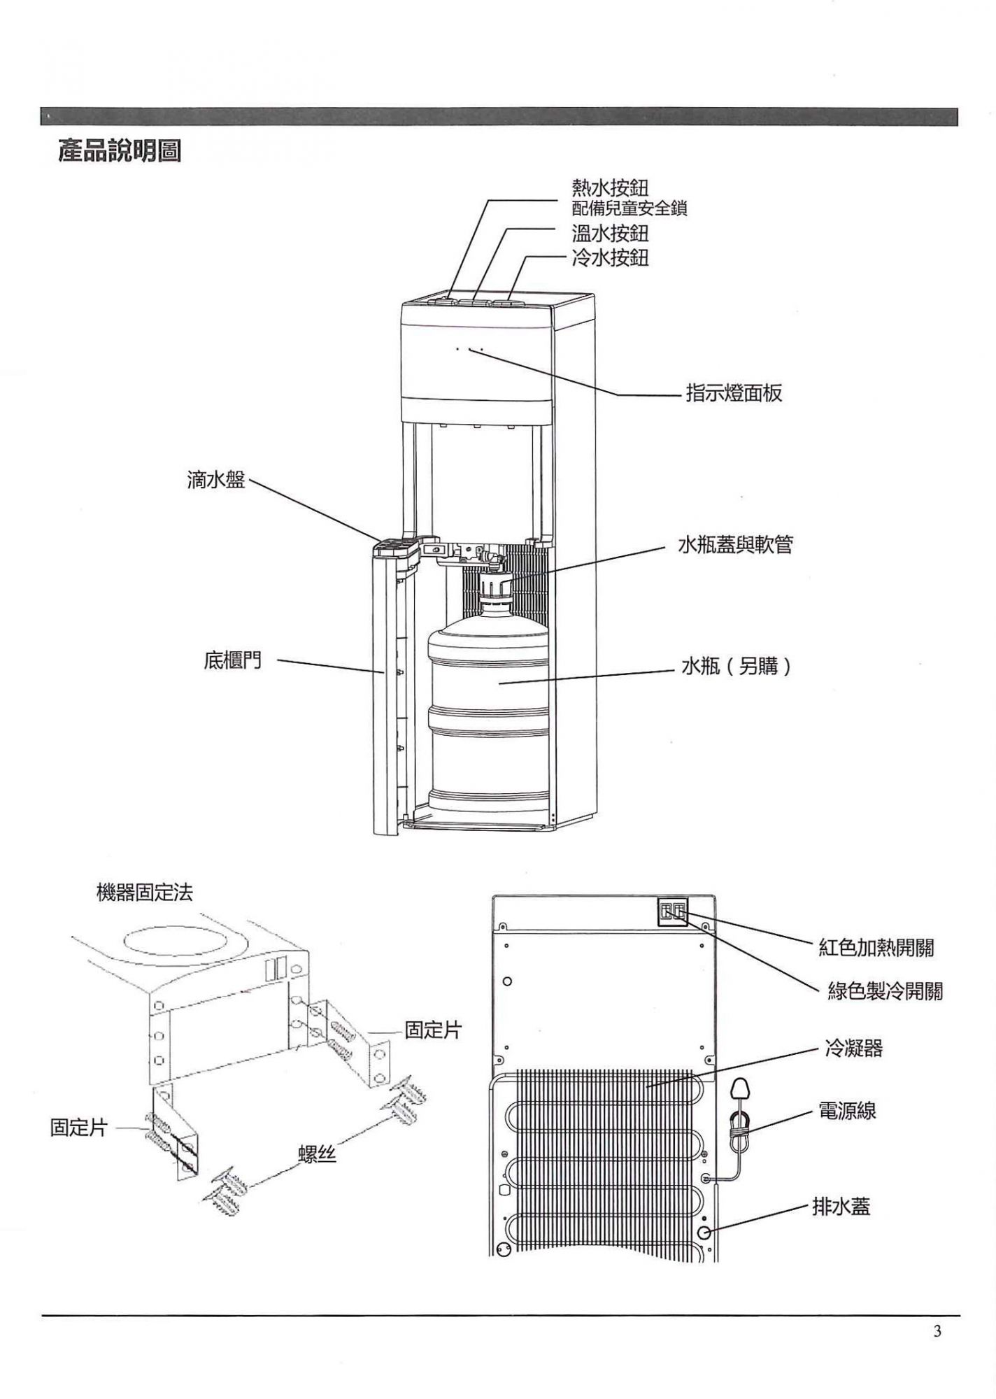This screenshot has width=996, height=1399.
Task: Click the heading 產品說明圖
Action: point(120,152)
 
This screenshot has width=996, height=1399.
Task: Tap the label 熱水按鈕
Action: point(610,187)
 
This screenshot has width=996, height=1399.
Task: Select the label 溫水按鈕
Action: point(610,233)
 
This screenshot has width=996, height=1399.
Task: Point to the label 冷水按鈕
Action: point(610,258)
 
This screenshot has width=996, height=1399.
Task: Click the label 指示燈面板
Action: point(734,394)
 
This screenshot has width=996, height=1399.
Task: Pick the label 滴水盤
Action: point(216,480)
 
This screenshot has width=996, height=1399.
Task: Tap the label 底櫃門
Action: point(233,661)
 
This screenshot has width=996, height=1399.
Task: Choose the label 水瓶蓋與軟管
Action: point(735,545)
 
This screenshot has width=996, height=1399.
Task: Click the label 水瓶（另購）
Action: point(737,667)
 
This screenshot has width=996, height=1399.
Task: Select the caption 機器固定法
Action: point(144,893)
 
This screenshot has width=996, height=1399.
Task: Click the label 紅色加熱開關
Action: point(876,949)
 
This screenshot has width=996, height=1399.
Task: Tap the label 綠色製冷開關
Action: point(885,991)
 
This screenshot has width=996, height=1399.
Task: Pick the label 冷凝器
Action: point(853,1049)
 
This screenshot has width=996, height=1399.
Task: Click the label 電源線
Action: point(847,1111)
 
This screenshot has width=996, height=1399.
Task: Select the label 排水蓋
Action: point(841,1207)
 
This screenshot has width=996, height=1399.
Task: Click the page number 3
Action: point(937,1331)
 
